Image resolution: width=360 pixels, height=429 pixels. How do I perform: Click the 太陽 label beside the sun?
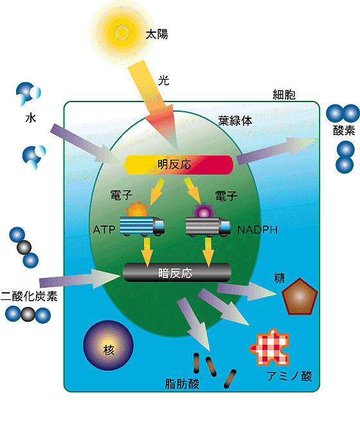(157, 35)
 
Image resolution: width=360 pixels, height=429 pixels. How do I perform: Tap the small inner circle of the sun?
(122, 33)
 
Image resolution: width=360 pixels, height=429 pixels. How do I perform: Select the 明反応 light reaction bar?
(179, 164)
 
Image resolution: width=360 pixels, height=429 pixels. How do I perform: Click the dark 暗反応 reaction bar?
(177, 272)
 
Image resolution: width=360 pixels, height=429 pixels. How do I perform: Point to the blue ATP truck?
(142, 226)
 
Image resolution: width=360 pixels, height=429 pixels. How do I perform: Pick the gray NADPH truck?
(208, 227)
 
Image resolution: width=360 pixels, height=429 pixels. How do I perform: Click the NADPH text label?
(257, 230)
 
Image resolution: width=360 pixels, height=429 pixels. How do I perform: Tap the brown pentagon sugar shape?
(300, 297)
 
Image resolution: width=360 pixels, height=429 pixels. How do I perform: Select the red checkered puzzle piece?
(270, 347)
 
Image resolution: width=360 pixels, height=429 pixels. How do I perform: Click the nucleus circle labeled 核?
(108, 346)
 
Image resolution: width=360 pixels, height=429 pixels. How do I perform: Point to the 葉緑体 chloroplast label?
(235, 121)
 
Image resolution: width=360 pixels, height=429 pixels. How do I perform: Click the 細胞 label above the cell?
(284, 94)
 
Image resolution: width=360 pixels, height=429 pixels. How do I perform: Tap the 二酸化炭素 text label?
(29, 296)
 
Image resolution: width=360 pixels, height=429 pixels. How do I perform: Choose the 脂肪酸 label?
(182, 383)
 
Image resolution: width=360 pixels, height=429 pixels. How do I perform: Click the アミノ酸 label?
(290, 376)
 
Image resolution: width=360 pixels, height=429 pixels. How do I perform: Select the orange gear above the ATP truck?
(138, 210)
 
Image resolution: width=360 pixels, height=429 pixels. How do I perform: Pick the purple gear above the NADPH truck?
(204, 211)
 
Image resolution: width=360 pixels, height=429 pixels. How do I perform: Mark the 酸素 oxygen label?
(344, 130)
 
